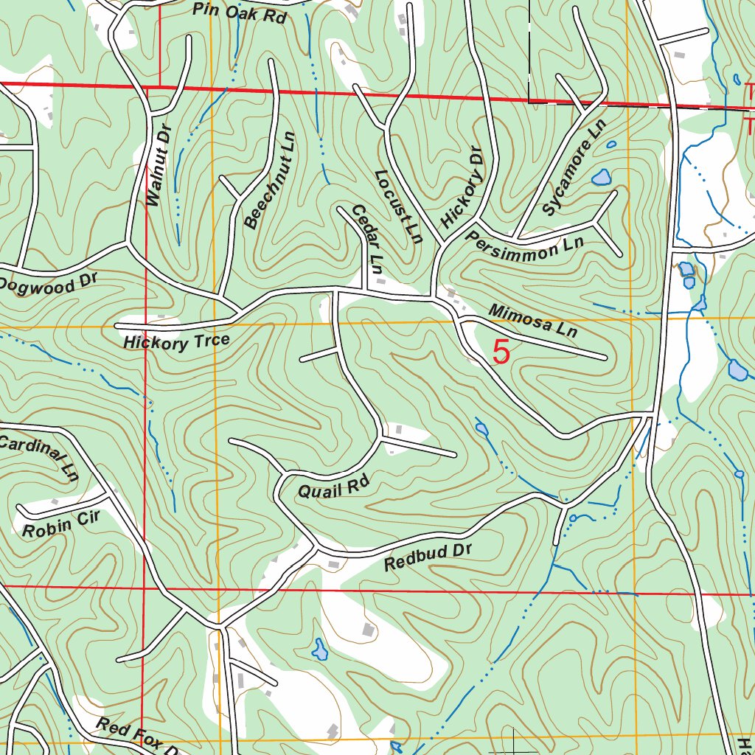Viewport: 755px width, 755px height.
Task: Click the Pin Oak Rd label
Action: coord(239,13)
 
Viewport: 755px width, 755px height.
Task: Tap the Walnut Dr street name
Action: coord(158,166)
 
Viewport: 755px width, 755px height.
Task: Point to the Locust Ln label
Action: coord(398,207)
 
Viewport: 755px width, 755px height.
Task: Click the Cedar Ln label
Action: coord(367,240)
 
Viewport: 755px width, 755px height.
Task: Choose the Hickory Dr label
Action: coord(462,196)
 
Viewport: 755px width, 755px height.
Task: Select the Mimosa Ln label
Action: coord(532,321)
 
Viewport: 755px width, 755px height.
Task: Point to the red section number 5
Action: coord(501,352)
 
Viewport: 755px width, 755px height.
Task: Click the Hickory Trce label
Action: coord(177,342)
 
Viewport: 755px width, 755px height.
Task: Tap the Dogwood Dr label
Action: coord(48,283)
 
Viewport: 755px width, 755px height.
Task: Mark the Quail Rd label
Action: coord(333,487)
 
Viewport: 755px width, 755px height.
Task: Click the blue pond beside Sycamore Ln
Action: coord(602,177)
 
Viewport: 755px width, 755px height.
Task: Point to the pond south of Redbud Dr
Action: coord(319,650)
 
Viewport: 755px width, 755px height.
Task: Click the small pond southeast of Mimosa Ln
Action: coord(481,428)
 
